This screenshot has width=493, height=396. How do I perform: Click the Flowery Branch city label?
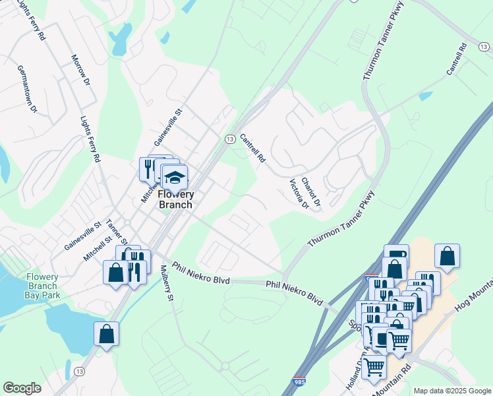(176, 199)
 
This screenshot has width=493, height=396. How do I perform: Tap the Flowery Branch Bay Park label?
(43, 286)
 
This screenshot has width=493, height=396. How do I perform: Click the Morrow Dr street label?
(80, 69)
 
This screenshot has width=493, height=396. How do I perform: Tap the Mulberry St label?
(167, 284)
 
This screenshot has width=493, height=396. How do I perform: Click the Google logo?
(22, 388)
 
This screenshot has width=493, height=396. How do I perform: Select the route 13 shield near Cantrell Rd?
(229, 139)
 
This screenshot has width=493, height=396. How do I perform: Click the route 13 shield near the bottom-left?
(79, 372)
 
